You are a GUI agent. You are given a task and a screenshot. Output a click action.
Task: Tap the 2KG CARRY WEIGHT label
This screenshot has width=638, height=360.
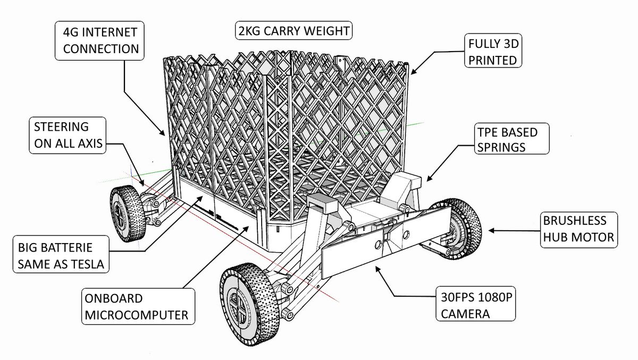tap(293, 31)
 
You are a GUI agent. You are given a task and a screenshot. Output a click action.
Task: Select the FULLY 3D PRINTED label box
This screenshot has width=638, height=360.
tap(492, 51)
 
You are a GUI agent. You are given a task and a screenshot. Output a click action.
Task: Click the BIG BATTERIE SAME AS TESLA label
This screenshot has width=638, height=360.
tap(60, 256)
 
